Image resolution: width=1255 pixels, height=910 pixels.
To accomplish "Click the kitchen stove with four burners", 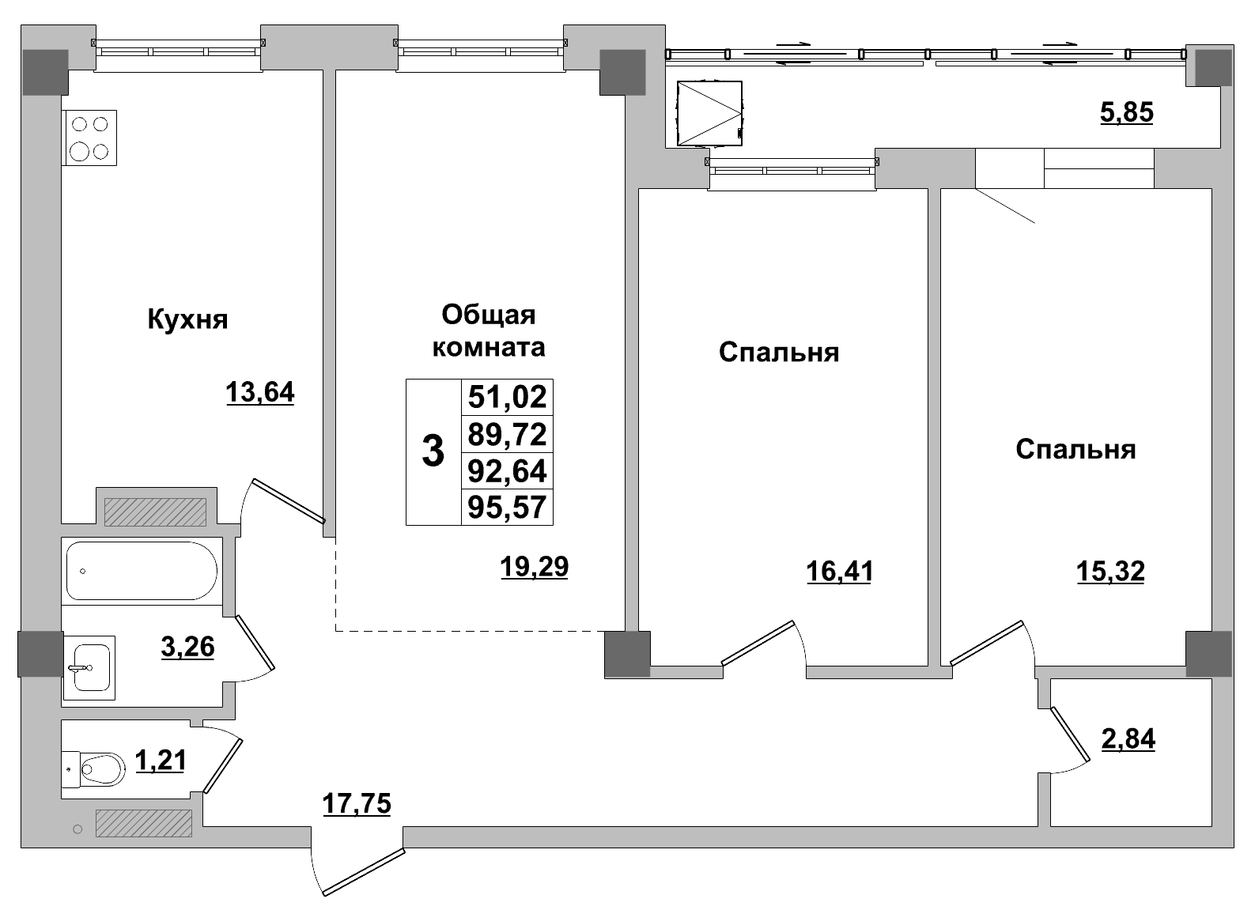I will pos(89,138).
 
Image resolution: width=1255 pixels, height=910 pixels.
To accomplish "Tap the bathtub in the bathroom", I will pos(142,571).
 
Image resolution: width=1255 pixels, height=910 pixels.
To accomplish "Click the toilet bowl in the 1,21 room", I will pos(99,766).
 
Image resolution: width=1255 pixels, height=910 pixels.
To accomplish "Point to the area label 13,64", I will pos(259,392).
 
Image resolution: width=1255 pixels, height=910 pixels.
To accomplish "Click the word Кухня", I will pos(187,320).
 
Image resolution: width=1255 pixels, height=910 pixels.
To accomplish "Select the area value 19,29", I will pos(534,567).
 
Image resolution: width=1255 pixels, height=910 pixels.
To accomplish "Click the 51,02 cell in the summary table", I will pos(507,397).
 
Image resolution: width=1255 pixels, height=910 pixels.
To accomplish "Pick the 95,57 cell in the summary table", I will pos(507,508).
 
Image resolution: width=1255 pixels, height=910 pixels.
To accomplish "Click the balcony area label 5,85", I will pos(1126,112).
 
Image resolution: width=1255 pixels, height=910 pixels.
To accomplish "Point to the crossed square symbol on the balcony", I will pos(709,115).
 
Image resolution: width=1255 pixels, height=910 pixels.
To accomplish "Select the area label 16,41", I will pos(839,571).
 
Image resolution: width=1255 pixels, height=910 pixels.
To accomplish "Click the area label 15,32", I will pos(1110,571).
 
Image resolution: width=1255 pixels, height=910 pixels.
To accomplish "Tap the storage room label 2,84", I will pos(1128,739).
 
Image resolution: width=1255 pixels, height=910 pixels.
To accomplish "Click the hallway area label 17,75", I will pos(357,804).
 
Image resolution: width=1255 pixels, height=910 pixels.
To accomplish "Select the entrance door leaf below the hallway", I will pos(363,872).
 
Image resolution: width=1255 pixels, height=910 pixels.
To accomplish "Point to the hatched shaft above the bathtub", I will pos(155,512).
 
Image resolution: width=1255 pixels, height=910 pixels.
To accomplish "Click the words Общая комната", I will pos(488,331).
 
